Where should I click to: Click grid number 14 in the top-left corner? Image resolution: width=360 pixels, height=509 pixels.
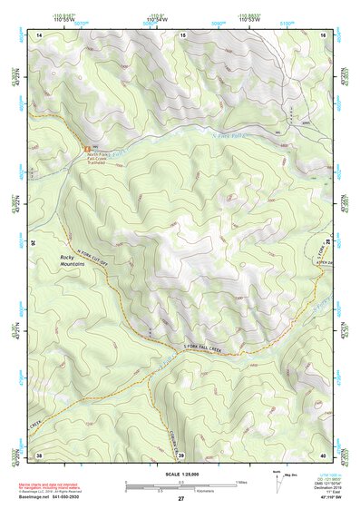[40, 34]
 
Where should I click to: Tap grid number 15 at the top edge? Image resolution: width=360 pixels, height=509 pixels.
[182, 34]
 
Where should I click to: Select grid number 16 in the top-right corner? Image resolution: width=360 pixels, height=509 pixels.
[324, 34]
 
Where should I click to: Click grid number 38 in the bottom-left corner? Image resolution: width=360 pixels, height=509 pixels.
[39, 455]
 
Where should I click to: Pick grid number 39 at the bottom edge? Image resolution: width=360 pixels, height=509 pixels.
[181, 455]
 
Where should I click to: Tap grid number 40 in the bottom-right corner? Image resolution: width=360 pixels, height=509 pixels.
[324, 455]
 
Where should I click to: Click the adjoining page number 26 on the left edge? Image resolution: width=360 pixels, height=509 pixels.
[34, 243]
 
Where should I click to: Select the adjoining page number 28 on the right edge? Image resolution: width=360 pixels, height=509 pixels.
[329, 243]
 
